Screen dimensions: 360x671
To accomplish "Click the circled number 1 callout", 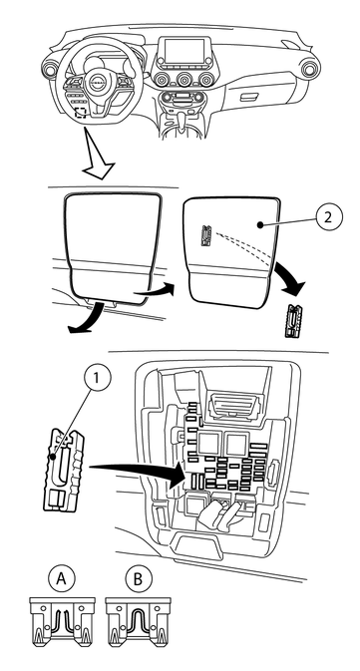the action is click(x=98, y=379).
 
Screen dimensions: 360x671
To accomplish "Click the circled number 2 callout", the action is click(x=329, y=217).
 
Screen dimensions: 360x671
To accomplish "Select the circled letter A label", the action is click(x=62, y=579).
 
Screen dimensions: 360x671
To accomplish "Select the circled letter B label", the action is click(x=138, y=579).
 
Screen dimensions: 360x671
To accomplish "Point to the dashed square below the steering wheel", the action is click(x=80, y=112).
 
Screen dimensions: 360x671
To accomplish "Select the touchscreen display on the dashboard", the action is click(x=184, y=53).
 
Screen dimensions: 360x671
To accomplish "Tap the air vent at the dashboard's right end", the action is click(x=309, y=68).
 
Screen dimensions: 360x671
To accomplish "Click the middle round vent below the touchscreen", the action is click(x=184, y=79).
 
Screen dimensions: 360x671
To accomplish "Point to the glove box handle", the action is click(x=248, y=97).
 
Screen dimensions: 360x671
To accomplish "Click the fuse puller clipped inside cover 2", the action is click(x=206, y=236).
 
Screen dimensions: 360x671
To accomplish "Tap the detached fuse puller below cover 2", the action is click(x=291, y=321).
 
